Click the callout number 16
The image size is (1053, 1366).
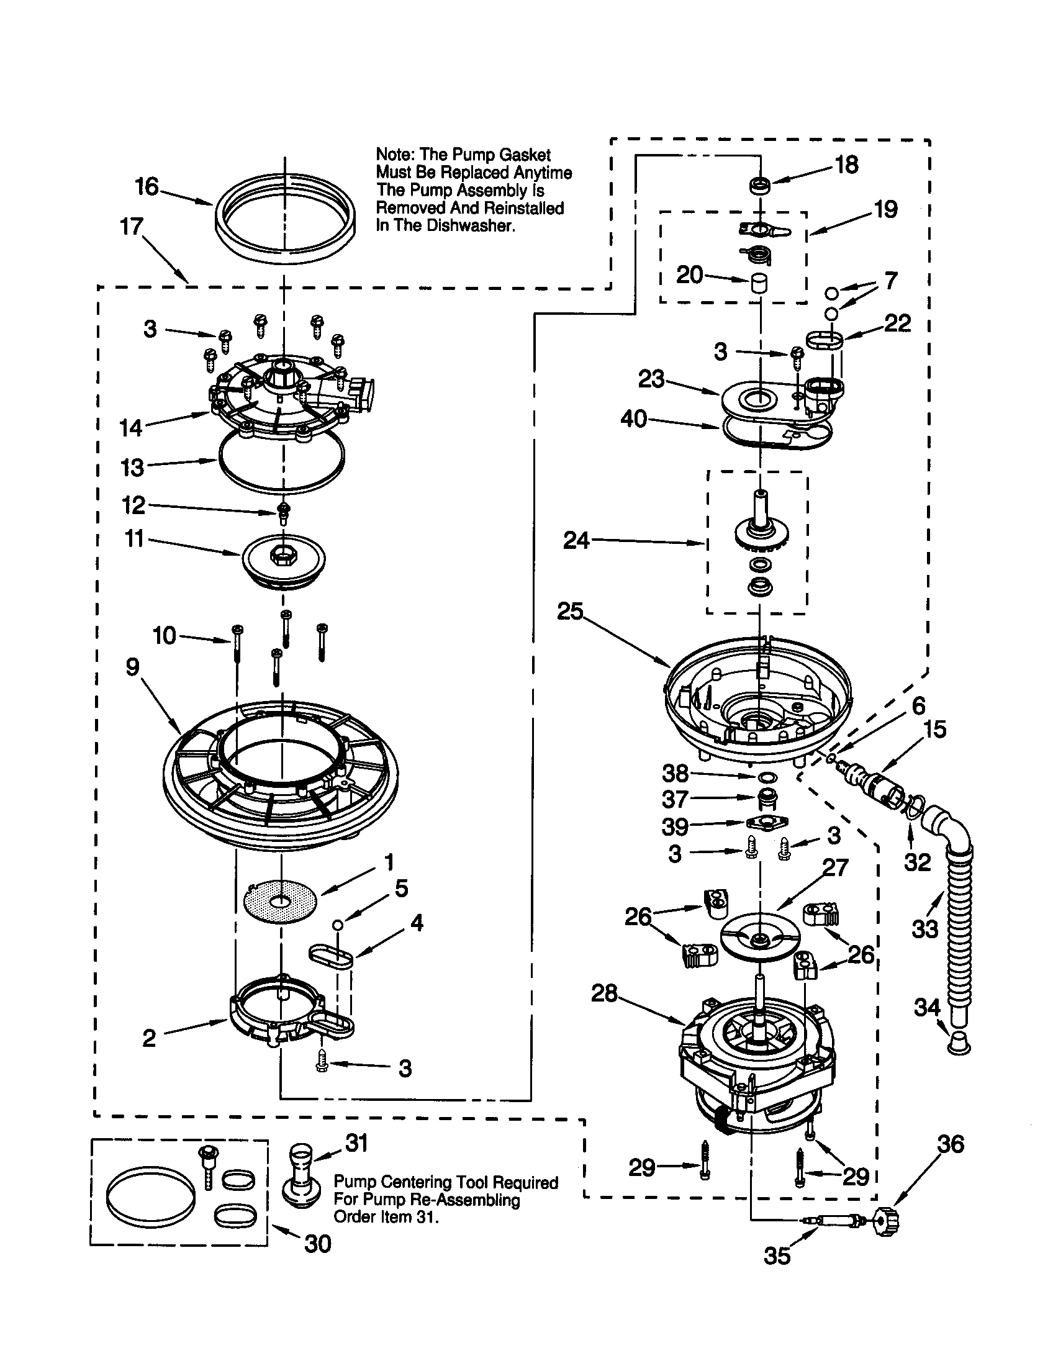[147, 186]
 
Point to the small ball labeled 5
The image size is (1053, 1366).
[337, 925]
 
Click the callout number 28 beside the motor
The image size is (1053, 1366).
[604, 993]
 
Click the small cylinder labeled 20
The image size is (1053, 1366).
[759, 283]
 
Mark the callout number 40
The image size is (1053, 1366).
[633, 419]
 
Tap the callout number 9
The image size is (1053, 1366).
[132, 667]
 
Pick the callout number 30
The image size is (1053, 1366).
[317, 1244]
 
